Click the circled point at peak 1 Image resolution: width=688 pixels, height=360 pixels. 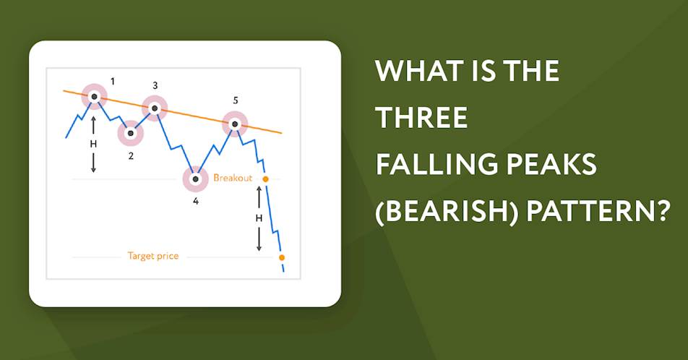point(94,97)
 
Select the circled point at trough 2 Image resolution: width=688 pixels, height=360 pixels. point(130,133)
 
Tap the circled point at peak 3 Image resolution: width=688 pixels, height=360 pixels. point(155,108)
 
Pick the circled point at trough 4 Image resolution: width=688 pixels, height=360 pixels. point(195,179)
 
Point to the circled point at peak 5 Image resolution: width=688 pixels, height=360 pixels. point(235,124)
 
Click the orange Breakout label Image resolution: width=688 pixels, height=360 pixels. point(233,178)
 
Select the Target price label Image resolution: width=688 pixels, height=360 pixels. point(153,256)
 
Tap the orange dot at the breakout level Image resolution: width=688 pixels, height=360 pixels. point(265,179)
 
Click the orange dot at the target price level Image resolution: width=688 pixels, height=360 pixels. point(282,257)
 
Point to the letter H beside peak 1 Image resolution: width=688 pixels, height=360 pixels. point(93,144)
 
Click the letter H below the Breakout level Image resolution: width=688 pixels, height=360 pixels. point(259,218)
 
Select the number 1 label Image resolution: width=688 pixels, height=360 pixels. point(113,82)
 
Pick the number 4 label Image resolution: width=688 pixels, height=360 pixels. point(196,202)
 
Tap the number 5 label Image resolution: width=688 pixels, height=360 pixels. point(236,100)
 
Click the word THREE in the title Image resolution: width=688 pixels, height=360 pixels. point(422,117)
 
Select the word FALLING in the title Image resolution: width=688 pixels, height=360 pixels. point(437,164)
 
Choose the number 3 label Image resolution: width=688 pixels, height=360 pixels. point(155,85)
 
